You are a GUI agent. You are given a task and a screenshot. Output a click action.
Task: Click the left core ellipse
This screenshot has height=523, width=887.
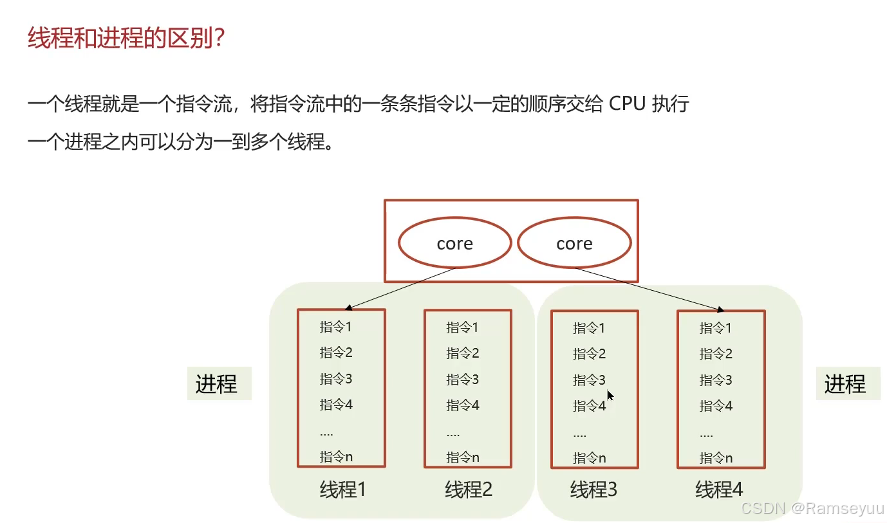[x=454, y=243]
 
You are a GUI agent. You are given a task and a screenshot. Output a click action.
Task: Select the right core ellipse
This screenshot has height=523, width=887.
[x=574, y=243]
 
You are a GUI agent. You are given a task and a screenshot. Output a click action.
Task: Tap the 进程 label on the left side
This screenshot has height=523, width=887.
[x=217, y=384]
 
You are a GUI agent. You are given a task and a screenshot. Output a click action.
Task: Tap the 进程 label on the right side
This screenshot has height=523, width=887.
[x=845, y=384]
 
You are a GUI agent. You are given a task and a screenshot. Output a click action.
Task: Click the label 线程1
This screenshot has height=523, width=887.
[x=342, y=490]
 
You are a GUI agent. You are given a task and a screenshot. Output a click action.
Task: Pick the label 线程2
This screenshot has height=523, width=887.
[x=469, y=490]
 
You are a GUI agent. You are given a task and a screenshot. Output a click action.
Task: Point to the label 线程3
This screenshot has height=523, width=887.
[x=593, y=490]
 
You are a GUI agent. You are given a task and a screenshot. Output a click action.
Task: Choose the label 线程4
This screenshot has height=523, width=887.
[x=719, y=490]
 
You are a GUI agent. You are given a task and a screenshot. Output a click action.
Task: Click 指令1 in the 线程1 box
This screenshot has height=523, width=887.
[x=336, y=327]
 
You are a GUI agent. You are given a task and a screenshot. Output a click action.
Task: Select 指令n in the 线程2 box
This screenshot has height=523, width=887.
[x=463, y=458]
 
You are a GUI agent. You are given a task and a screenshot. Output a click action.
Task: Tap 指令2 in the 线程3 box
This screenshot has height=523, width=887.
[x=590, y=354]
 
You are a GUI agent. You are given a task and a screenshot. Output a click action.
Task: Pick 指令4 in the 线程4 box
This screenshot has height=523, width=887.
[x=716, y=406]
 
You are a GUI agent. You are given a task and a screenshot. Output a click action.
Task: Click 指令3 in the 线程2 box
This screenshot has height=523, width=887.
[x=463, y=380]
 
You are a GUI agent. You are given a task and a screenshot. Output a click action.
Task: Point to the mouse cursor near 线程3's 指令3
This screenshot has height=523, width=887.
[x=610, y=396]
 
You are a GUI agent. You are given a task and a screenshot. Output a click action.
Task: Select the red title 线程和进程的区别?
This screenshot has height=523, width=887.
[x=126, y=39]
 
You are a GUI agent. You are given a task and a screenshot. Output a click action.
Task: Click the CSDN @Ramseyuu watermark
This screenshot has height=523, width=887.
[x=812, y=508]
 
